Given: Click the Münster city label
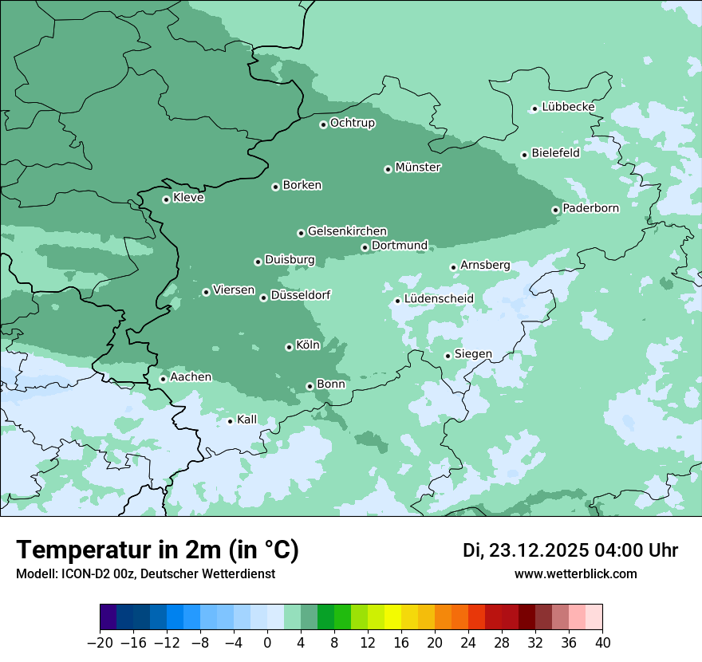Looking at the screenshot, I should pos(418,167).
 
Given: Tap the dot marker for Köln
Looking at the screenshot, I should pos(289,347).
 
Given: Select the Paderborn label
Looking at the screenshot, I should pos(590,208).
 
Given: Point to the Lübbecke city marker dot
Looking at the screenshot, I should pos(534,108).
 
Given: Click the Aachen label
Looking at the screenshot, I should pos(191,376).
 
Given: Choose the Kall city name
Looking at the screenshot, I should pos(247,420).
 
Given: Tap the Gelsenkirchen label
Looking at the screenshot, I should pos(347,231).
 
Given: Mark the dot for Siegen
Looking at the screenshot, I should pos(448,356).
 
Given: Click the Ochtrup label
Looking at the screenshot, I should pos(353,123).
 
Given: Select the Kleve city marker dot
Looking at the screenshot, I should pos(166,199).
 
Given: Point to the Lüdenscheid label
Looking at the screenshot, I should pos(439,299).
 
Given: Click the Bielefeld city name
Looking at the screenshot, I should pos(555,153).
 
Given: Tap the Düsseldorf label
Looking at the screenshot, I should pos(301,296).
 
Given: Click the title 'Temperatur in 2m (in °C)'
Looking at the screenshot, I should pos(158,550).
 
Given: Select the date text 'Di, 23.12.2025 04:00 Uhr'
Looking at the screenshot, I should pos(570,550).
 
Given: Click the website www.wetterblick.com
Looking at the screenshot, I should pos(576,574).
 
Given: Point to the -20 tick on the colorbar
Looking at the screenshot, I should pos(101,642).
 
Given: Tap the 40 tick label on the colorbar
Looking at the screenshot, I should pos(602,642).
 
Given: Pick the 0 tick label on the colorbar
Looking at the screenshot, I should pos(267,642).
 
